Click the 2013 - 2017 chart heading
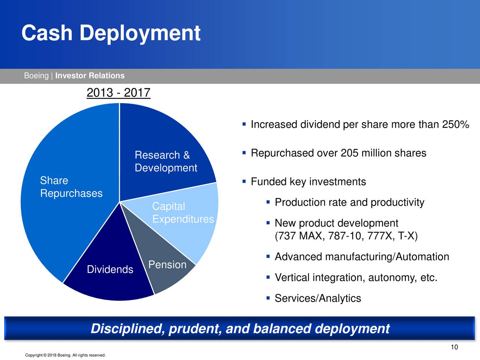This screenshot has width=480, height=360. (118, 93)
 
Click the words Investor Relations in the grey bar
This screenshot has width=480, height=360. (90, 76)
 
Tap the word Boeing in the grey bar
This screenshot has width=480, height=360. (36, 76)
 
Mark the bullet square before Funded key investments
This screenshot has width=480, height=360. (244, 181)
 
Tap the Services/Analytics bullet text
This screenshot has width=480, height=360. (318, 298)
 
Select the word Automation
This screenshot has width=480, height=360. (422, 256)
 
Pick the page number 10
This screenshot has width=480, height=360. (454, 347)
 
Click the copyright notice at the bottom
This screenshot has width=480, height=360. (65, 355)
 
